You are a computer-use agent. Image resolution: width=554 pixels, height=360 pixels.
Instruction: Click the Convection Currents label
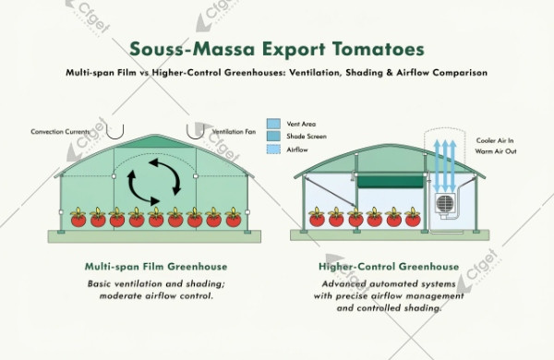tap(62, 131)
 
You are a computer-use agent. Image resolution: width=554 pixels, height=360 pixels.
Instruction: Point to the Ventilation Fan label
tap(235, 131)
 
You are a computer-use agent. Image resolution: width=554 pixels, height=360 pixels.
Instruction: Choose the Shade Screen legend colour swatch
tap(273, 136)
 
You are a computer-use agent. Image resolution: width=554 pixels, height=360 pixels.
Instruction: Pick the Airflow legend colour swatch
tap(273, 149)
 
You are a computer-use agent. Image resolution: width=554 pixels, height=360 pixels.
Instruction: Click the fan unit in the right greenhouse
tap(446, 206)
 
